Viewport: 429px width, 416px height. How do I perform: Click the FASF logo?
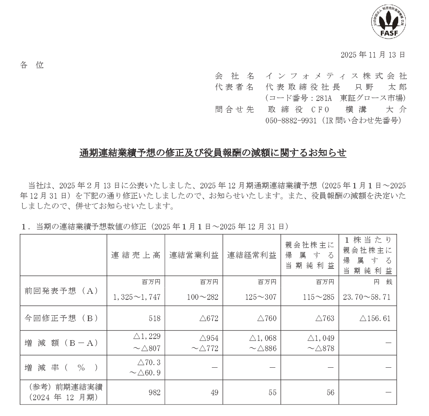point(388,22)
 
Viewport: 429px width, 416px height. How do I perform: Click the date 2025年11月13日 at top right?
point(373,54)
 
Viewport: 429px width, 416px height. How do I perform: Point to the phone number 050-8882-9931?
point(291,121)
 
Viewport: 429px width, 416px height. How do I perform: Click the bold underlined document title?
point(213,153)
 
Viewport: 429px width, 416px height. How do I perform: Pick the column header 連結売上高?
point(136,256)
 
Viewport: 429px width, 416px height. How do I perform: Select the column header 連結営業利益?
point(194,256)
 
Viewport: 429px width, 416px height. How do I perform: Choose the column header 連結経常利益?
point(252,256)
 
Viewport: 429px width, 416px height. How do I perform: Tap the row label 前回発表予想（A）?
point(61,291)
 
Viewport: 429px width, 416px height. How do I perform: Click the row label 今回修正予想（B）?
point(61,318)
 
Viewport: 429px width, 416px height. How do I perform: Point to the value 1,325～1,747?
point(137,297)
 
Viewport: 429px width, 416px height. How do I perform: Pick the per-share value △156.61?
point(375,318)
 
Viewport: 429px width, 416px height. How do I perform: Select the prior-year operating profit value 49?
point(214,392)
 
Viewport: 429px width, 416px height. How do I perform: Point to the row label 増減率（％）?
point(61,368)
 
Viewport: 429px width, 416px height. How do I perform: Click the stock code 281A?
point(324,98)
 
